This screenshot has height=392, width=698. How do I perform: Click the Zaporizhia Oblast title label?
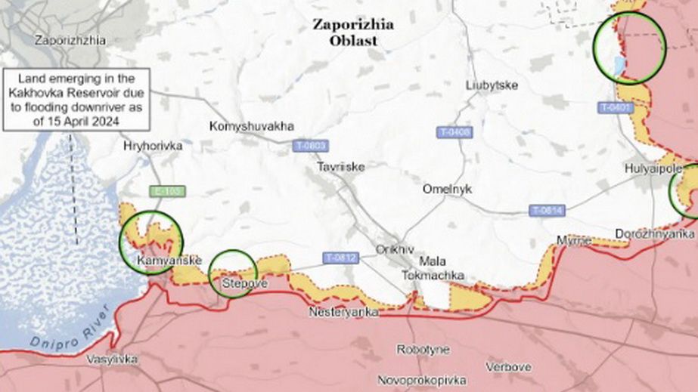[353, 32]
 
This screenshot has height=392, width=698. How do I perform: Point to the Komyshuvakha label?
[251, 126]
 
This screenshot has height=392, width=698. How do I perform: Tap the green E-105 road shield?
[166, 192]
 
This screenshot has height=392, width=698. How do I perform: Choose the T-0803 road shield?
[311, 145]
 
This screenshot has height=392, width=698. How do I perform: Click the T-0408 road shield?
[454, 133]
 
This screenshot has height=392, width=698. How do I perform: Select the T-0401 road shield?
[615, 108]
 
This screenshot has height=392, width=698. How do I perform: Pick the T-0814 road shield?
[547, 210]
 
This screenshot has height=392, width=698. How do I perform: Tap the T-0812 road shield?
[340, 258]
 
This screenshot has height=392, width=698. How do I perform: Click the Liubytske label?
[492, 85]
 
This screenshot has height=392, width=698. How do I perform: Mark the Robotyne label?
[423, 350]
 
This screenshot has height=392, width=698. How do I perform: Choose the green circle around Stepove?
[232, 273]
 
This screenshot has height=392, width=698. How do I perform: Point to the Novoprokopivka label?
[421, 380]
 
